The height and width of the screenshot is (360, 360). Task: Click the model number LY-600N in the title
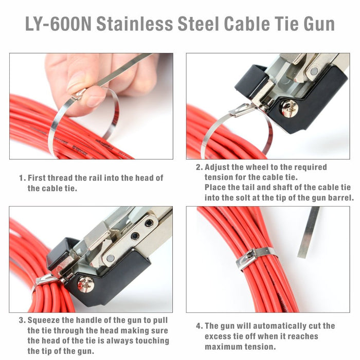58,24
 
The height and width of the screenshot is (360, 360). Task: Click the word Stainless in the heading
134,24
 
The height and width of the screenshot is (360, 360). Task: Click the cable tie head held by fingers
78,94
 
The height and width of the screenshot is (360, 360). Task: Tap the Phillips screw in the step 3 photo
86,284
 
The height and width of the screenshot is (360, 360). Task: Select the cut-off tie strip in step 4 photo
309,232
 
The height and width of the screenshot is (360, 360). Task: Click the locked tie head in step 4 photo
246,260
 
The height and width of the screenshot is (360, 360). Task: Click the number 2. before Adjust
200,167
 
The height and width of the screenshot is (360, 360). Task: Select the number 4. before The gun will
200,326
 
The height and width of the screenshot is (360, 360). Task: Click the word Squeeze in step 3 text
43,320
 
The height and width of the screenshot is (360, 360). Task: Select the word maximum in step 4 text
223,347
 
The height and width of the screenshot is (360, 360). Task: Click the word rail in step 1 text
98,178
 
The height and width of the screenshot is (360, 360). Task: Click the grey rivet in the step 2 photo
314,71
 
